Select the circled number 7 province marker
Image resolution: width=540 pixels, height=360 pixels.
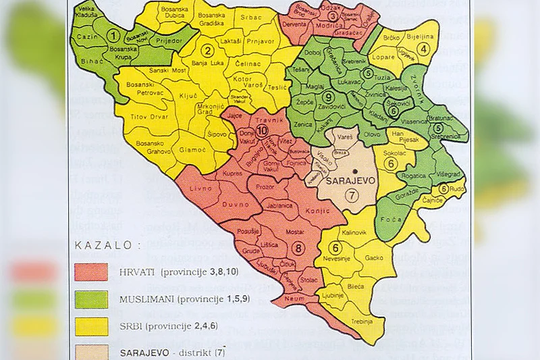349,196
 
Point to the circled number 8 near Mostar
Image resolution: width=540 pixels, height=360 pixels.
300,247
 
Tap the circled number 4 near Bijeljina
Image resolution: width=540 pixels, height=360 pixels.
424,48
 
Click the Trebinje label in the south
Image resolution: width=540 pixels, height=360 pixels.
361,322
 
